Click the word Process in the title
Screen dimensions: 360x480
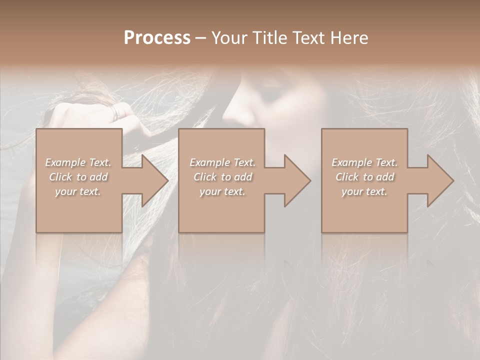[x=157, y=38]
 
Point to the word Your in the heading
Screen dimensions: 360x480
[x=229, y=38]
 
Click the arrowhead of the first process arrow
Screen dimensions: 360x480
[x=154, y=180]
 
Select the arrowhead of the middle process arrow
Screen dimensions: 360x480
[x=296, y=180]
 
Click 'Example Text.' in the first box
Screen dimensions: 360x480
[x=78, y=162]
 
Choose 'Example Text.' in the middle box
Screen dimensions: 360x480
[x=222, y=162]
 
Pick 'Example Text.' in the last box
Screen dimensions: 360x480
[x=364, y=162]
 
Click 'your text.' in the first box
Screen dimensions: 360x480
[x=78, y=191]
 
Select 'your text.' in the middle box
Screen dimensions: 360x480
[x=222, y=191]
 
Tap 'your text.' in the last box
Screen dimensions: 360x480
[x=364, y=191]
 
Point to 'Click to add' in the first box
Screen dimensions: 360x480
[x=78, y=177]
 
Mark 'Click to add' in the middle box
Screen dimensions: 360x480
[x=222, y=177]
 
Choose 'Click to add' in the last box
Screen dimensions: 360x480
[x=364, y=177]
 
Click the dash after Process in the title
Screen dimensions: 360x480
[x=201, y=38]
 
